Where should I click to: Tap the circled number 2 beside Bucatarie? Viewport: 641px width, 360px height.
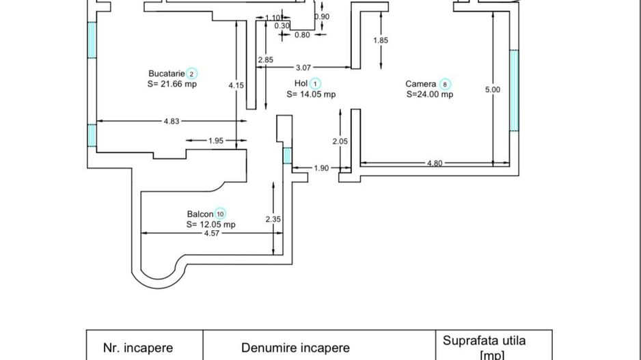[192, 74]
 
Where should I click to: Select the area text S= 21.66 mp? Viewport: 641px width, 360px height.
[172, 84]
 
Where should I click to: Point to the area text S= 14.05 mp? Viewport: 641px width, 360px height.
[311, 95]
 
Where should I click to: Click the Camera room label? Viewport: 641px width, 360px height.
[421, 85]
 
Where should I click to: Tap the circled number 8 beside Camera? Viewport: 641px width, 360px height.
[445, 85]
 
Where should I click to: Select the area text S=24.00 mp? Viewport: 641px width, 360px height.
[429, 95]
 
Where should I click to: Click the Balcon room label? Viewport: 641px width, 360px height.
[200, 214]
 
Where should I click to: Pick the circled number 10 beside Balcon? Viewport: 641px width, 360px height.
[220, 214]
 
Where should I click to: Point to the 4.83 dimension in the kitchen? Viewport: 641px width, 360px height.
[171, 122]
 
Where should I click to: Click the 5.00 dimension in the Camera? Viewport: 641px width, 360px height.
[492, 89]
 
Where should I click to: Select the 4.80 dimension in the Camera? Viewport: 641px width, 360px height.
[434, 163]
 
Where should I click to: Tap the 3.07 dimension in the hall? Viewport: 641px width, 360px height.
[303, 68]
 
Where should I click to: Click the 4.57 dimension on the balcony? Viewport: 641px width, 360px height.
[212, 234]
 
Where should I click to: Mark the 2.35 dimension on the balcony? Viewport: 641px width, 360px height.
[273, 219]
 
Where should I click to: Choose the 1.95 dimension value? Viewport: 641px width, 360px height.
[215, 141]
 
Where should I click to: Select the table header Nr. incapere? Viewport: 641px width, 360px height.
[138, 348]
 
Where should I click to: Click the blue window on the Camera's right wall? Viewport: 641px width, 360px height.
[514, 90]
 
